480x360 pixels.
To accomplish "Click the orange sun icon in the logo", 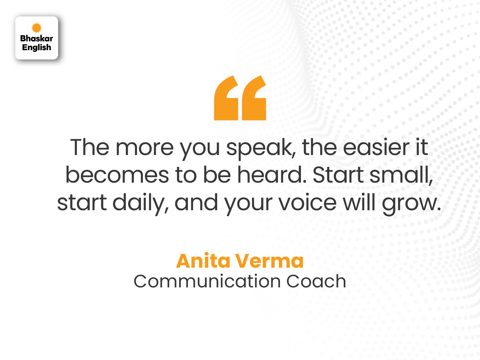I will point(36,28).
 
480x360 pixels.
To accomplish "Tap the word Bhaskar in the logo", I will point(36,38).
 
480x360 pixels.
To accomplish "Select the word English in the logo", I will point(36,48).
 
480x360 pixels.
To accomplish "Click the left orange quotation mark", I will point(226,99).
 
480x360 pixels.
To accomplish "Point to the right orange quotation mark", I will point(254,99).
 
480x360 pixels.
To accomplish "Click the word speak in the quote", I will point(259,148).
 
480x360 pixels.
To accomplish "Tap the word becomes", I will point(117,175).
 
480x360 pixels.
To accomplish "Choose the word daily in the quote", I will point(141,203).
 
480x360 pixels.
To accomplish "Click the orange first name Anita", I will point(203,261).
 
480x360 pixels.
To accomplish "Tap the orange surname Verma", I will point(269,261).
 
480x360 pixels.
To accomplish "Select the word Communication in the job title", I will point(207,281).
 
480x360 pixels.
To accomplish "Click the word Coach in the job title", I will point(316,281).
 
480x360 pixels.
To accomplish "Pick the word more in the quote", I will point(145,147).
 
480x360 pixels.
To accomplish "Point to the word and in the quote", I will point(196,202).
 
